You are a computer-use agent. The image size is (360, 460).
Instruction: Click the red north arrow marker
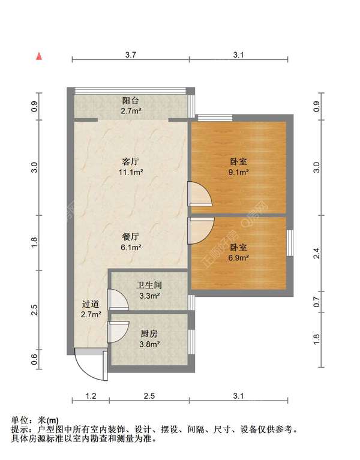click(39, 56)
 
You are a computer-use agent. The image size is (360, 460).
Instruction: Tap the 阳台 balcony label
click(131, 101)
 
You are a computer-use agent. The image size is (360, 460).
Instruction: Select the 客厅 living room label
click(131, 161)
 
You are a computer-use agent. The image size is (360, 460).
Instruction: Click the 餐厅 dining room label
click(131, 236)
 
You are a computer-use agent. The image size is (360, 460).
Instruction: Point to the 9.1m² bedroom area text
click(239, 172)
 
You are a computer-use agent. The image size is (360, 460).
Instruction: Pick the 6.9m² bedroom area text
click(239, 258)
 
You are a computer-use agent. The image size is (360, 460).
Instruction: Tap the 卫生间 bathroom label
click(149, 285)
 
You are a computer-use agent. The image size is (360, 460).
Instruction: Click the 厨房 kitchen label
click(149, 333)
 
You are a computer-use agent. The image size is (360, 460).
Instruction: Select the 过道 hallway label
click(91, 304)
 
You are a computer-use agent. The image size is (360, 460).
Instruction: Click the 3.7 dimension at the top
click(131, 55)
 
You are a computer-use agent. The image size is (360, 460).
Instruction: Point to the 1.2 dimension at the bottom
click(91, 396)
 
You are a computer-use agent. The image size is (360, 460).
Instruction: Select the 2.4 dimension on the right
click(316, 254)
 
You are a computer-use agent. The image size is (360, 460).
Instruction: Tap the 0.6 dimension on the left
click(34, 359)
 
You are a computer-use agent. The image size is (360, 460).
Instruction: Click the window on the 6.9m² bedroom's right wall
click(290, 243)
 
